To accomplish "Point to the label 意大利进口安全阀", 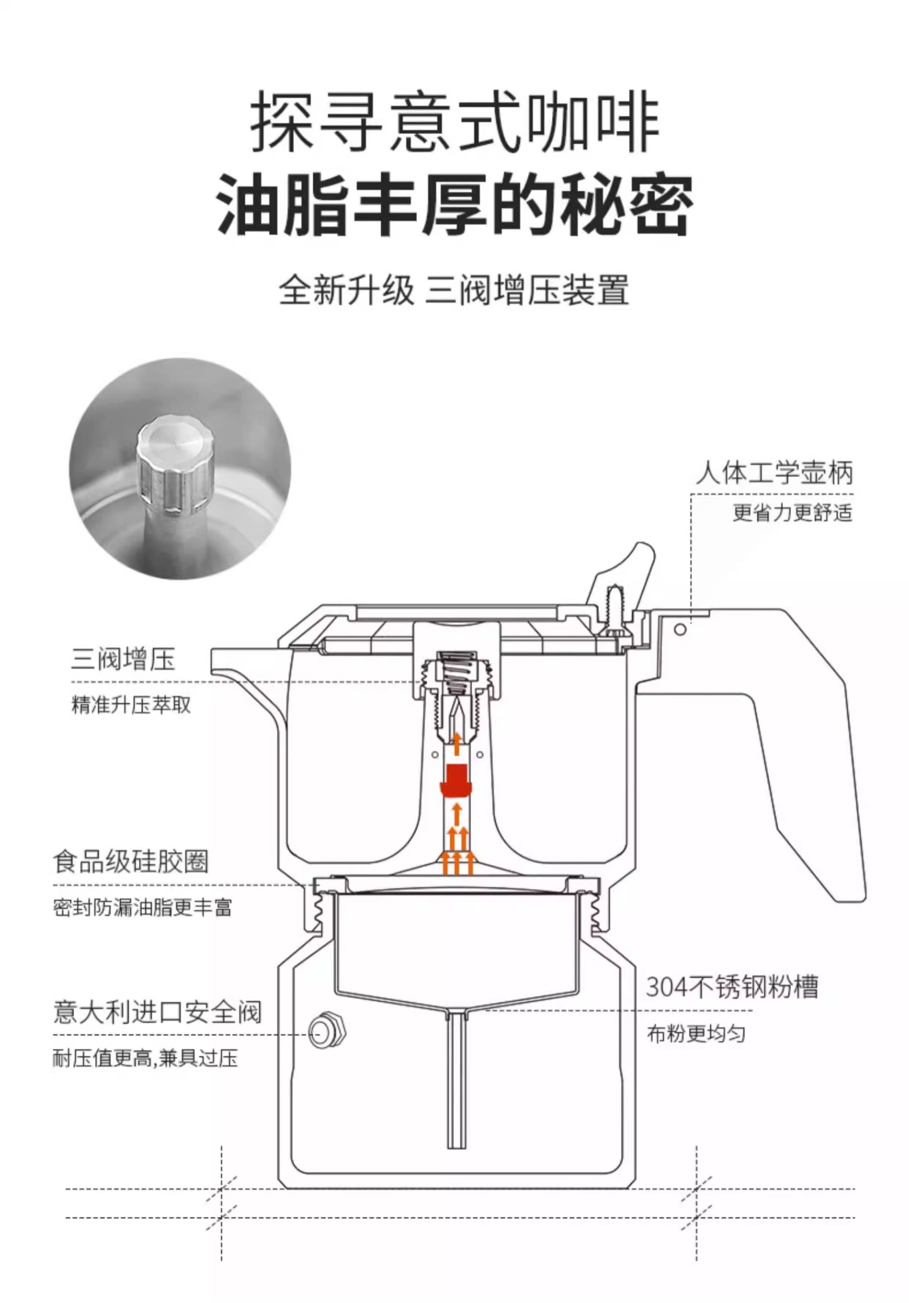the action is point(157,1012).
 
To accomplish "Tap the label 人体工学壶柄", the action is point(774,473).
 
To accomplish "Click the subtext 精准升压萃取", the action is point(131,705).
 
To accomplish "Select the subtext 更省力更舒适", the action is point(792,513).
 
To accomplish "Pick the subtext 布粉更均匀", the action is point(696,1034).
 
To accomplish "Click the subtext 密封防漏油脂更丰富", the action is point(143,907).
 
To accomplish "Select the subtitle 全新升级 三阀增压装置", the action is point(454,290).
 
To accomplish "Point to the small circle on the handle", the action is point(680,630).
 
